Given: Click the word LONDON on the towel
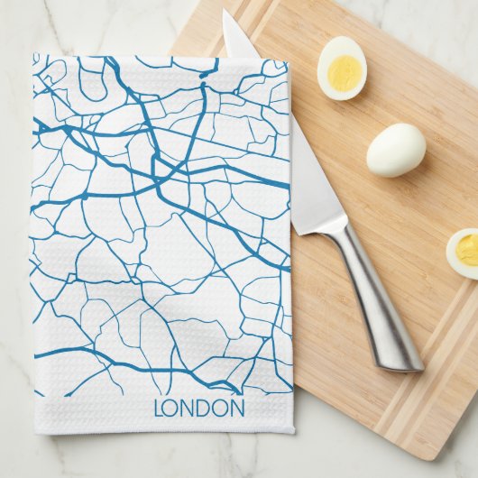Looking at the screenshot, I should click(199, 408).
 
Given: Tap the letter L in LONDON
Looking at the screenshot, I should click(159, 409).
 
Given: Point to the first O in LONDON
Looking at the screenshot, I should click(171, 409).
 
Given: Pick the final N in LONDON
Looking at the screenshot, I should click(236, 409).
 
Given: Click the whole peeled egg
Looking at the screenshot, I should click(396, 150).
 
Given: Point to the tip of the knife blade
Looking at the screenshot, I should click(225, 14).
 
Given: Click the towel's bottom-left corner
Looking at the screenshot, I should click(36, 431).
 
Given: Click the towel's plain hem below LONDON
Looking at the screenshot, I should click(162, 425).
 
